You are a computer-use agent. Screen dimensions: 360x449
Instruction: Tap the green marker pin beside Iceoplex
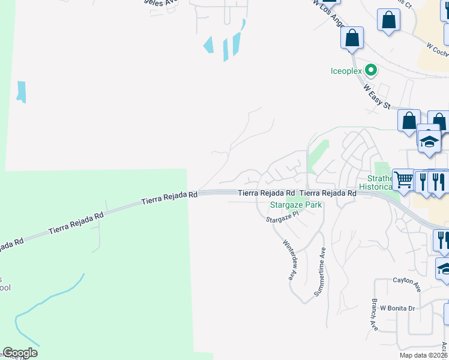pos(372,71)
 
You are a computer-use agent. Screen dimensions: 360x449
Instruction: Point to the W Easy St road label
pos(377,95)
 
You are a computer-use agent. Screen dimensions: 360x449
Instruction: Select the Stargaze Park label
pos(295,205)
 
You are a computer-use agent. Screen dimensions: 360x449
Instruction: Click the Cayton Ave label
pos(407,284)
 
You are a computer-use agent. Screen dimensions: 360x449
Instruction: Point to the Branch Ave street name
pos(373,315)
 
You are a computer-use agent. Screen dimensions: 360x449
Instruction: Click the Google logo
pos(20,353)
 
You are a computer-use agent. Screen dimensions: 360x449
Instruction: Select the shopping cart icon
pos(403,179)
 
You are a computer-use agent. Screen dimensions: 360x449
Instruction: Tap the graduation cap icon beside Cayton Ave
pos(444,269)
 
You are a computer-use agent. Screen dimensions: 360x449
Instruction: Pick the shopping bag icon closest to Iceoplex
pos(352,38)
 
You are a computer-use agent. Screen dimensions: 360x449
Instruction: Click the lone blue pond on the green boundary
pos(22,91)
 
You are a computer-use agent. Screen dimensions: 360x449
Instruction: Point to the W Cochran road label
pos(436,48)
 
